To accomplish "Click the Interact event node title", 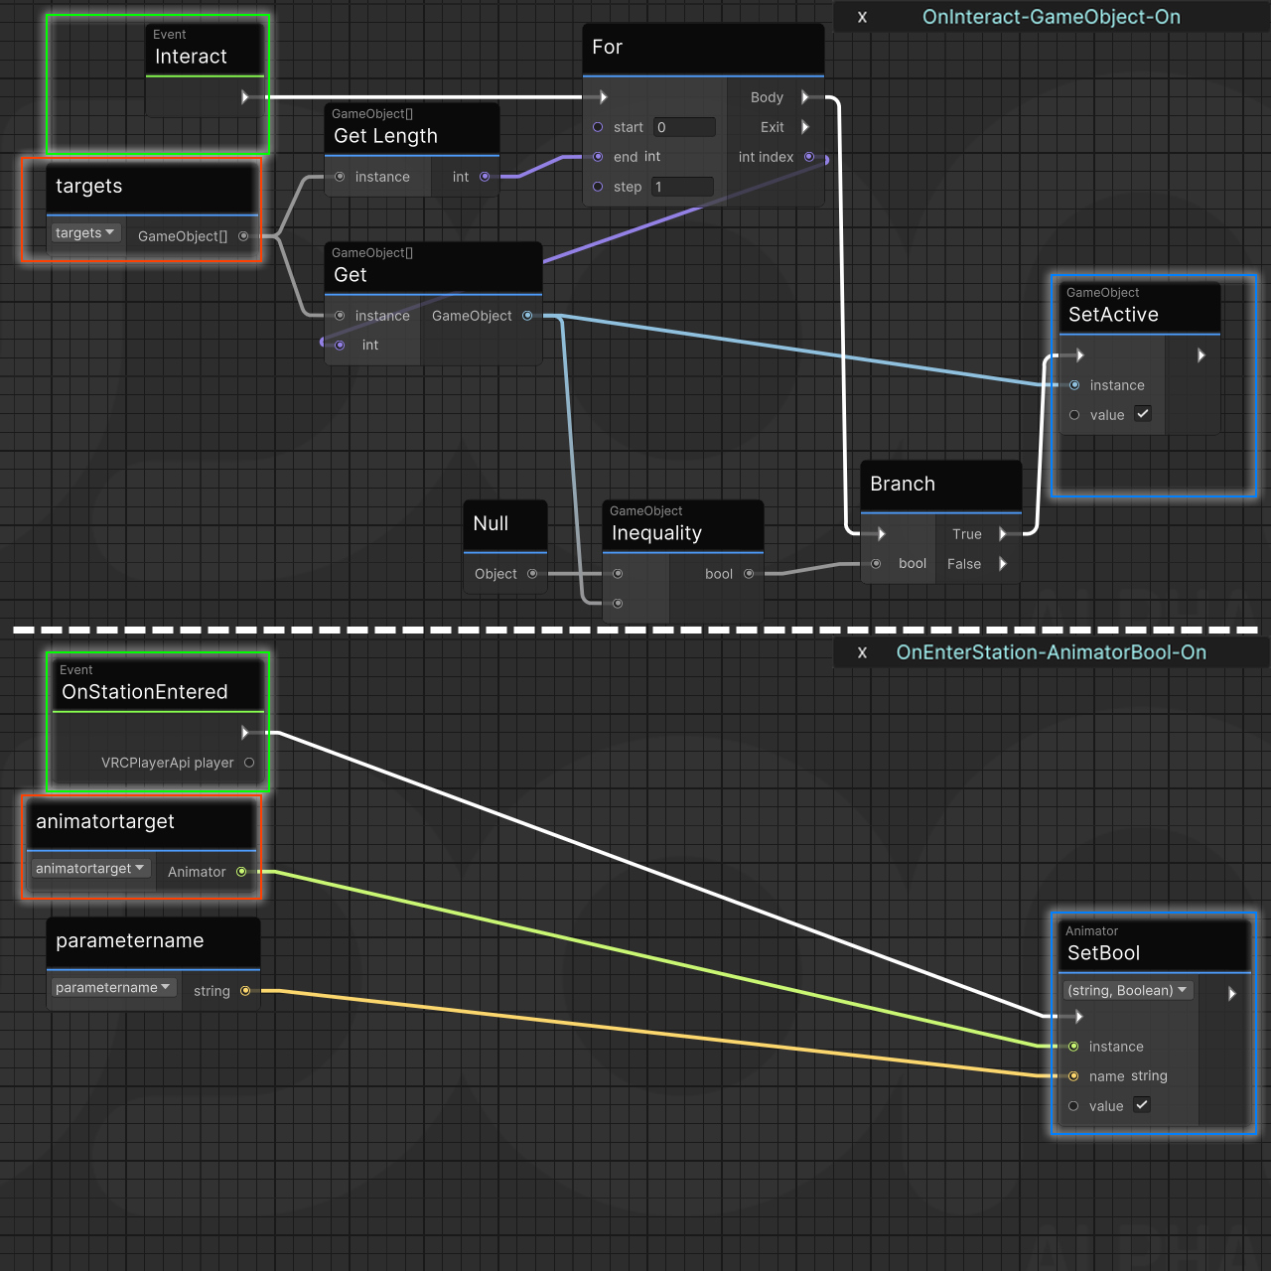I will tap(191, 57).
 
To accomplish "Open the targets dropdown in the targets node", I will tap(84, 233).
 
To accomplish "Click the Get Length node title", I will tap(385, 136).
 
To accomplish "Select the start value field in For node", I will tap(684, 127).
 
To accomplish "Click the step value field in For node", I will tap(682, 187).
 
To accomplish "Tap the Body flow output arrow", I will tap(805, 97).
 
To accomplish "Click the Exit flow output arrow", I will tap(805, 127).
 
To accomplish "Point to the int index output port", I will tap(809, 157).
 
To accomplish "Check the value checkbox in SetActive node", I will tap(1143, 414).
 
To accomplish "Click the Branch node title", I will tap(903, 484).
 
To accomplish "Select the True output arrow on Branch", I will tap(1003, 534).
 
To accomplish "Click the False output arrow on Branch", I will tap(1003, 564).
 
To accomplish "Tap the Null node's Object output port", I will tap(532, 574).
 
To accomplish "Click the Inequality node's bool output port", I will tap(749, 574).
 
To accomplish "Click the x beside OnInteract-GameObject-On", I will tap(862, 17).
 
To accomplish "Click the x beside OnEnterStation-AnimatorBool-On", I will tap(862, 652).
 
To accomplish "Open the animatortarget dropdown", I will tap(89, 869).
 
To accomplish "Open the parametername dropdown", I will tap(112, 988).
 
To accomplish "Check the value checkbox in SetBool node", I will tap(1142, 1105).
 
